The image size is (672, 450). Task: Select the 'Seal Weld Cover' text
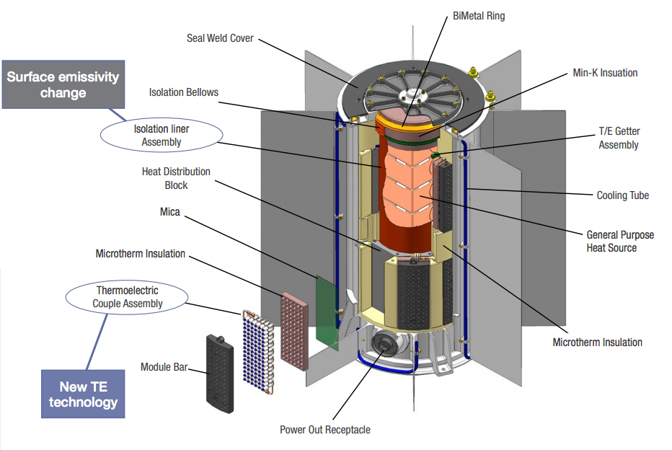220,37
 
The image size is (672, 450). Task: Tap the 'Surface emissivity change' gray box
63,84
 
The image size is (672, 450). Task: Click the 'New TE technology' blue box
83,393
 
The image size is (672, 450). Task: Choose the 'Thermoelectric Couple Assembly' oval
126,296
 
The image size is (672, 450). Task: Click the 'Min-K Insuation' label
604,73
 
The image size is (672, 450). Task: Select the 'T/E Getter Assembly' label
618,138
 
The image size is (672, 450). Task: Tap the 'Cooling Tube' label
622,195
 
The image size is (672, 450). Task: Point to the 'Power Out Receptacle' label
324,430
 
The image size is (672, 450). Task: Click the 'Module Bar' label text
164,367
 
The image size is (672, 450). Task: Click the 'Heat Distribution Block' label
176,178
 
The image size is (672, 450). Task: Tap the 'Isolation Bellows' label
183,92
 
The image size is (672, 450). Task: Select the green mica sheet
327,312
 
